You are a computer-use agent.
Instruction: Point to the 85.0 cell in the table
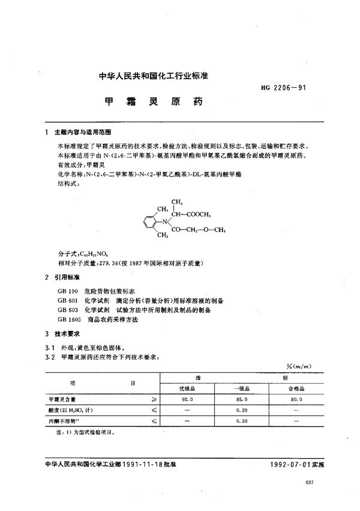pos(242,399)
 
